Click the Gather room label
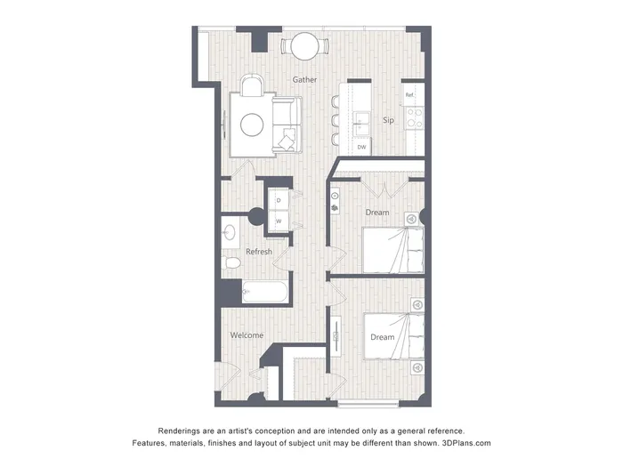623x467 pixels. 304,79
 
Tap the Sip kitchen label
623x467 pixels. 388,120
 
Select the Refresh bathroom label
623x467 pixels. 259,252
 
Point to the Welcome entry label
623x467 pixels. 247,335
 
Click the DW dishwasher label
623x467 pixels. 361,147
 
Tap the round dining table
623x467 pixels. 304,46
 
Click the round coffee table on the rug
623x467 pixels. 252,125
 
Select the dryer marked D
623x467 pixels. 279,200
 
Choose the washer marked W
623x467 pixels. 279,221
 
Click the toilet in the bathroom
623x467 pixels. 231,262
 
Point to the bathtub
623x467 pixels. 264,292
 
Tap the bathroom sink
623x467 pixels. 230,232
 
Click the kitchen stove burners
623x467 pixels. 415,118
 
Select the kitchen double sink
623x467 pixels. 361,123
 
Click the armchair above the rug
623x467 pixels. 252,85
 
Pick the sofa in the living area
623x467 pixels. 287,125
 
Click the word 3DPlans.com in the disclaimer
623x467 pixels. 466,443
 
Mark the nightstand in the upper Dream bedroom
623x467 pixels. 412,219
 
